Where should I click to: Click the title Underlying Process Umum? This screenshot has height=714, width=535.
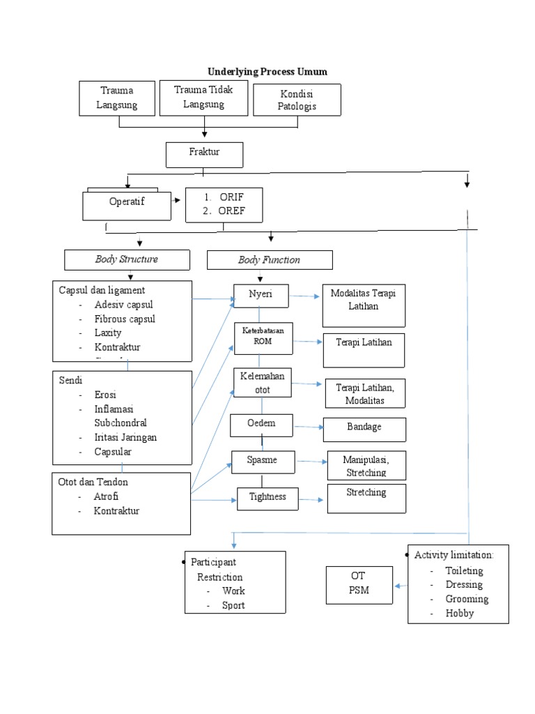(267, 72)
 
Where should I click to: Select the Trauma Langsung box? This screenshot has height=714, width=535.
(118, 98)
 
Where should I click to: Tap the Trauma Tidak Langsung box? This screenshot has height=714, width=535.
(203, 97)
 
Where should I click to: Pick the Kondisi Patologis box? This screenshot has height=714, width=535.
(297, 100)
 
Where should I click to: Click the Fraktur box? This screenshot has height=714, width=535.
(204, 154)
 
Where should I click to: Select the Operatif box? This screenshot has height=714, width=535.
(126, 205)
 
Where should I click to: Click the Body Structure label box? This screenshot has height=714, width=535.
(127, 259)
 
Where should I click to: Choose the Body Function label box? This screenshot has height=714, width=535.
(270, 260)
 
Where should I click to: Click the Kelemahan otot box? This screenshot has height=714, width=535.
(263, 383)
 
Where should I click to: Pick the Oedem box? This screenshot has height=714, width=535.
(261, 425)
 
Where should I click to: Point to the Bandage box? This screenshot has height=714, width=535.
(364, 429)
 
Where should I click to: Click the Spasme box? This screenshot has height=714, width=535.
(263, 461)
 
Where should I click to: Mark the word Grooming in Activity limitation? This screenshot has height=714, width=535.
(467, 599)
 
